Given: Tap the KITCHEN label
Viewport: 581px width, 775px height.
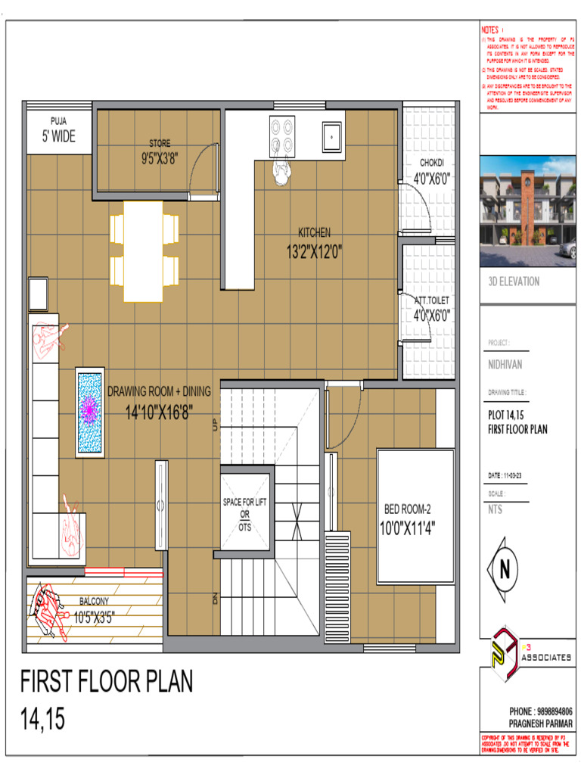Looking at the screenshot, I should point(314,233).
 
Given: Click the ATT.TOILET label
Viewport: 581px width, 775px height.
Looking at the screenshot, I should point(432,301).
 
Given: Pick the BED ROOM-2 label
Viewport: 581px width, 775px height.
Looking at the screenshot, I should point(407,509).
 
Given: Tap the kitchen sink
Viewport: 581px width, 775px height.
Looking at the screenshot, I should point(331,136).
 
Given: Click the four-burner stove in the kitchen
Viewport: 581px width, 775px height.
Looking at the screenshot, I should point(282,136).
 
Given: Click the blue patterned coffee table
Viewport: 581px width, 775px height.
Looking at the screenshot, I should point(90,412).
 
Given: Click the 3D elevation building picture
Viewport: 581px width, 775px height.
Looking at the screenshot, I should point(528,212).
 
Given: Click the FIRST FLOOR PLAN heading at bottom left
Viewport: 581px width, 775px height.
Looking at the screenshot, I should point(107,682).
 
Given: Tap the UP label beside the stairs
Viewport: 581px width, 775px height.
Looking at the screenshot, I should point(216,425).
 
